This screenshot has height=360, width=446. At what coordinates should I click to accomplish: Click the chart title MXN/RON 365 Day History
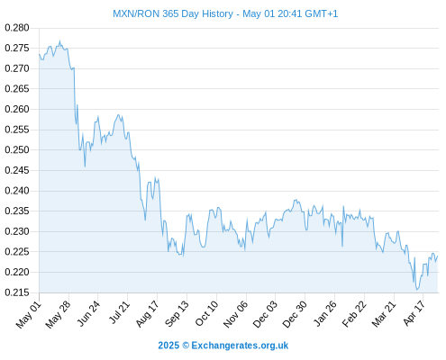[x=173, y=13]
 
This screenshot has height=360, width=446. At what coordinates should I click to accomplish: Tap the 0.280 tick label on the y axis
[x=17, y=28]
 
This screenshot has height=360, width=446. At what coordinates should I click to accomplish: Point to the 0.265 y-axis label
[x=17, y=89]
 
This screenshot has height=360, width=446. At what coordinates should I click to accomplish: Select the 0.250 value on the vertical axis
[x=17, y=149]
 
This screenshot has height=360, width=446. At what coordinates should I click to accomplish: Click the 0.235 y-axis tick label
[x=17, y=211]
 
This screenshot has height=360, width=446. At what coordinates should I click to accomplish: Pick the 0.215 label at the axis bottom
[x=17, y=292]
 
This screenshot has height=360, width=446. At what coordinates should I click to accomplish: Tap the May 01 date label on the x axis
[x=29, y=314]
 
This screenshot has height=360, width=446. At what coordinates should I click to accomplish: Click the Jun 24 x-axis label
[x=88, y=313]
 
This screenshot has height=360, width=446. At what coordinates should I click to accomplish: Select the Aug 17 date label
[x=147, y=313]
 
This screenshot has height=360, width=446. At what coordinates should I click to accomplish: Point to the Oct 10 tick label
[x=206, y=313]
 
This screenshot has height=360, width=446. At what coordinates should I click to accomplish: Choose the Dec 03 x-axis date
[x=265, y=314]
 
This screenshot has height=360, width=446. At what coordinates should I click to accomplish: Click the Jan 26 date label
[x=325, y=313]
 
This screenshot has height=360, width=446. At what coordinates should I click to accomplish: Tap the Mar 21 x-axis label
[x=384, y=313]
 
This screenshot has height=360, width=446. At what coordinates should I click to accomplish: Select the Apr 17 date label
[x=414, y=313]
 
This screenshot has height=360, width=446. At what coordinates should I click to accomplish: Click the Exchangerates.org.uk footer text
[x=240, y=346]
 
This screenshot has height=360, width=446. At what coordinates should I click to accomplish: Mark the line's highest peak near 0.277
[x=59, y=41]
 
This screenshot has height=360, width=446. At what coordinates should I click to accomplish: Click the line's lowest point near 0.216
[x=417, y=290]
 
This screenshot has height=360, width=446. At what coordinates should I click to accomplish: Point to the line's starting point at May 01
[x=39, y=54]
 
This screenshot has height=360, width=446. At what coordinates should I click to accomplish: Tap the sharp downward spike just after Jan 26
[x=342, y=247]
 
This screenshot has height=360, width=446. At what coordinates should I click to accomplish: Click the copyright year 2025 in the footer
[x=168, y=346]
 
